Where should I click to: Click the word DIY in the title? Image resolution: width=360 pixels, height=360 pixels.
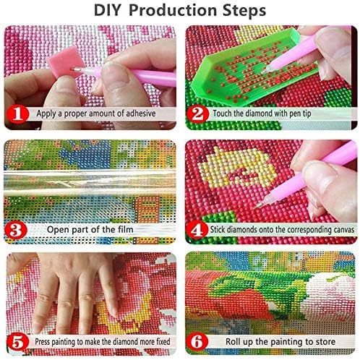click(107, 10)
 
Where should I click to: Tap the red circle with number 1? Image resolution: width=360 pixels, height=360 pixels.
click(17, 113)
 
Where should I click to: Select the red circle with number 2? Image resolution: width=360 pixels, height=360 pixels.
click(197, 113)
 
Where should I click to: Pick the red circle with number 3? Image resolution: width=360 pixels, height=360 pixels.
click(16, 230)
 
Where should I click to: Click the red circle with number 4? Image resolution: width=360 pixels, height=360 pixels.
click(197, 230)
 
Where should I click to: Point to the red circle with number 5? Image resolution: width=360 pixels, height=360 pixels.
click(17, 342)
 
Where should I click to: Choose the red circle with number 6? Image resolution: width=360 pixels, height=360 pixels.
click(197, 342)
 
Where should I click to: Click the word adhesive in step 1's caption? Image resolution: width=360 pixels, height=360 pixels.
click(141, 113)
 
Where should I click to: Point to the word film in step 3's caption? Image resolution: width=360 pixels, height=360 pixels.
click(126, 229)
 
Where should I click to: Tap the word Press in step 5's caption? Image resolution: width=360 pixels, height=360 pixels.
click(42, 342)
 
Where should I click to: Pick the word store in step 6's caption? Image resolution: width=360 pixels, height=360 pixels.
click(325, 342)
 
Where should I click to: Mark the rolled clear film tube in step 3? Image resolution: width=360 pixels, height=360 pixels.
click(90, 183)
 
